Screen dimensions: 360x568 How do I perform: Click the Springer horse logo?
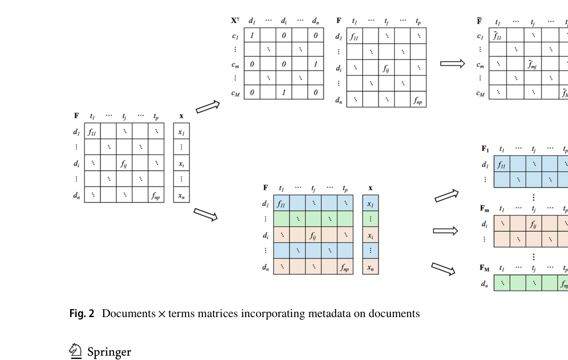[76, 351]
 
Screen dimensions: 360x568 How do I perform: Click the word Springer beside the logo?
[109, 352]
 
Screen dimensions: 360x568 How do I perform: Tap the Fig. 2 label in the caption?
[81, 314]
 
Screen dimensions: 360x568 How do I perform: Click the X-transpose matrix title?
[235, 21]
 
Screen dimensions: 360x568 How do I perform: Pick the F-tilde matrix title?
[479, 21]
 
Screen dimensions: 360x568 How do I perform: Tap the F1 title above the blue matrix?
[485, 149]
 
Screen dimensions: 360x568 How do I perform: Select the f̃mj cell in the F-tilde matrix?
[532, 64]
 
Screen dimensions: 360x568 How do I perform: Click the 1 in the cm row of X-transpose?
[316, 64]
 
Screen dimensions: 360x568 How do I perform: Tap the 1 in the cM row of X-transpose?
[284, 92]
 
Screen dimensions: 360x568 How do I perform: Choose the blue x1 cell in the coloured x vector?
[370, 203]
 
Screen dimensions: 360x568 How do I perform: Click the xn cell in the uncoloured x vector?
[182, 195]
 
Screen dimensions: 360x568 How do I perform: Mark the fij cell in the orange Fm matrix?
[533, 224]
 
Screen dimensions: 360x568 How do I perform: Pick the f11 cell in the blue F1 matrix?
[501, 164]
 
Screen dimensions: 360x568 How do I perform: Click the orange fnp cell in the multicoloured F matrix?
[345, 267]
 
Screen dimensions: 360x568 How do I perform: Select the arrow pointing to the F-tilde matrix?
[453, 63]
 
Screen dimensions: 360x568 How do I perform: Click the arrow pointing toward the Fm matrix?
[445, 231]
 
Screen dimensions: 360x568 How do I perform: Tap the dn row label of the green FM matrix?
[485, 284]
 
